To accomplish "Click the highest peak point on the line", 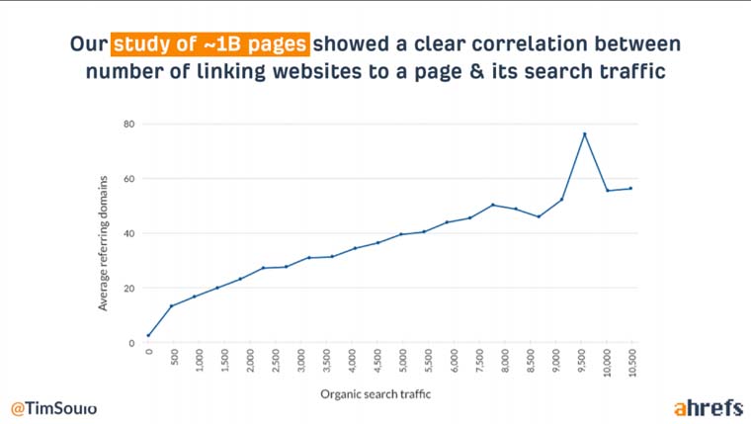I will click(585, 133).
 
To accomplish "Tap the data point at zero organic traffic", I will click(148, 335).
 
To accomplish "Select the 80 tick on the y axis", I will click(128, 124).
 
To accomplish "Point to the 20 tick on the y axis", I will click(128, 289).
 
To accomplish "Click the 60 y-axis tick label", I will click(128, 179).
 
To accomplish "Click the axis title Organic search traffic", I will click(375, 394).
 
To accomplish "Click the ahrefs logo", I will click(709, 407).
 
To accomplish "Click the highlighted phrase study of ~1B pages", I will click(209, 44).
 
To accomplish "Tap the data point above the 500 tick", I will click(172, 306).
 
